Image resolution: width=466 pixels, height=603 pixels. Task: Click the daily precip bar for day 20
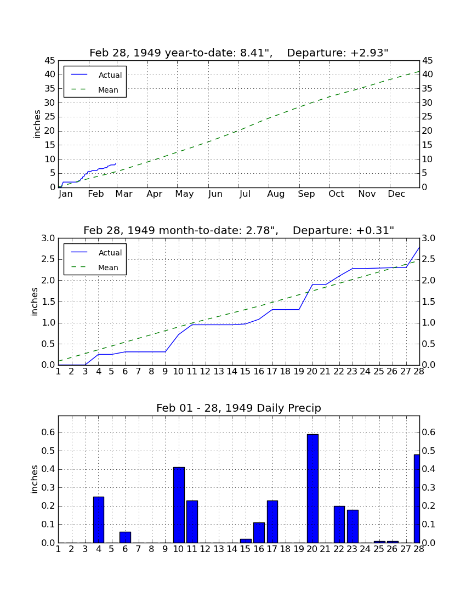tap(312, 488)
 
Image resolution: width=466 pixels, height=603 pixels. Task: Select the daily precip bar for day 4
tap(99, 520)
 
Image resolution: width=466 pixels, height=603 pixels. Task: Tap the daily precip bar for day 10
tap(179, 505)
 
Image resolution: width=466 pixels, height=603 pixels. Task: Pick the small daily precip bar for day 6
tap(126, 537)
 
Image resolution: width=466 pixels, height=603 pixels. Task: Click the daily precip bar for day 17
tap(272, 521)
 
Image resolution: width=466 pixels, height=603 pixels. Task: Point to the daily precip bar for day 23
tap(353, 526)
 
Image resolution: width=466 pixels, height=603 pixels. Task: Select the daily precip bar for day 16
tap(259, 533)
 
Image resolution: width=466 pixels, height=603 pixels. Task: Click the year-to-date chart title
tap(239, 53)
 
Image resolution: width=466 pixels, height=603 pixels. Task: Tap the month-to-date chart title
tap(239, 230)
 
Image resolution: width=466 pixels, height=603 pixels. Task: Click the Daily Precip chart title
tap(239, 408)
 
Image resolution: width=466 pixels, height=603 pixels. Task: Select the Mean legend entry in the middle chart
tap(95, 268)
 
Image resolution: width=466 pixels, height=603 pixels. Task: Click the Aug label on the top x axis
tap(276, 194)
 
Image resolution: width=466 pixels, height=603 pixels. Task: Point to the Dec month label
tap(396, 194)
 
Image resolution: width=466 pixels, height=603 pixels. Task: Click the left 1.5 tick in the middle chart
tap(48, 301)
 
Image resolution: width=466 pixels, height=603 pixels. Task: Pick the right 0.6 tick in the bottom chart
tap(429, 433)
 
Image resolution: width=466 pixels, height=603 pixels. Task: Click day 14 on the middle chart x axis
tap(232, 372)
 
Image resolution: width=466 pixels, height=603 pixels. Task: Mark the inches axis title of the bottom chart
tap(35, 479)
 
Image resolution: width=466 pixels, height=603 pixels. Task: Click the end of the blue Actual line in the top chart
tap(116, 163)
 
